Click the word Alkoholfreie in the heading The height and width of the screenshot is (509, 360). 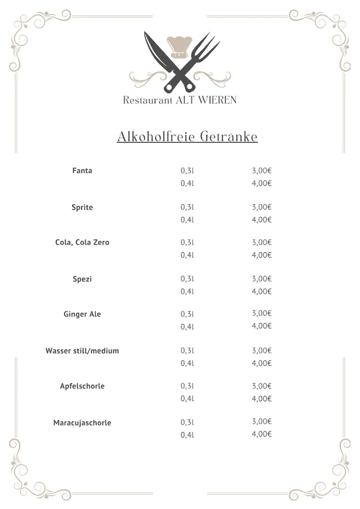156,137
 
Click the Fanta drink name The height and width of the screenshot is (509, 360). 82,170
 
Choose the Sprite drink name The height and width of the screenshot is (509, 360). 82,207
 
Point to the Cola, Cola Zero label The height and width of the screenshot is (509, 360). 82,243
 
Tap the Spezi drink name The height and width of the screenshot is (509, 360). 82,279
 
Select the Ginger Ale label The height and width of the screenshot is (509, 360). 82,314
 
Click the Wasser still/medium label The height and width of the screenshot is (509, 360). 82,351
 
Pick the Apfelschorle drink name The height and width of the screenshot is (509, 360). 82,386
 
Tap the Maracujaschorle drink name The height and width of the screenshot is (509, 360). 82,423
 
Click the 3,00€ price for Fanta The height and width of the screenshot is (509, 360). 262,170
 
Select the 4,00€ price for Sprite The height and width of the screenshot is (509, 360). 262,220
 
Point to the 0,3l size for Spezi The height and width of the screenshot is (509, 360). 187,279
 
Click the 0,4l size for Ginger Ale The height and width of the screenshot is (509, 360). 187,327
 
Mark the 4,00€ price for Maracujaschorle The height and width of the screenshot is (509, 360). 262,434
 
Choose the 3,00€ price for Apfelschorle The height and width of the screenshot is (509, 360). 262,386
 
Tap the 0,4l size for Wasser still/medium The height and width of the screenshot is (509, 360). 187,363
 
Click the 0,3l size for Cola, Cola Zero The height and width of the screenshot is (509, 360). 187,243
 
